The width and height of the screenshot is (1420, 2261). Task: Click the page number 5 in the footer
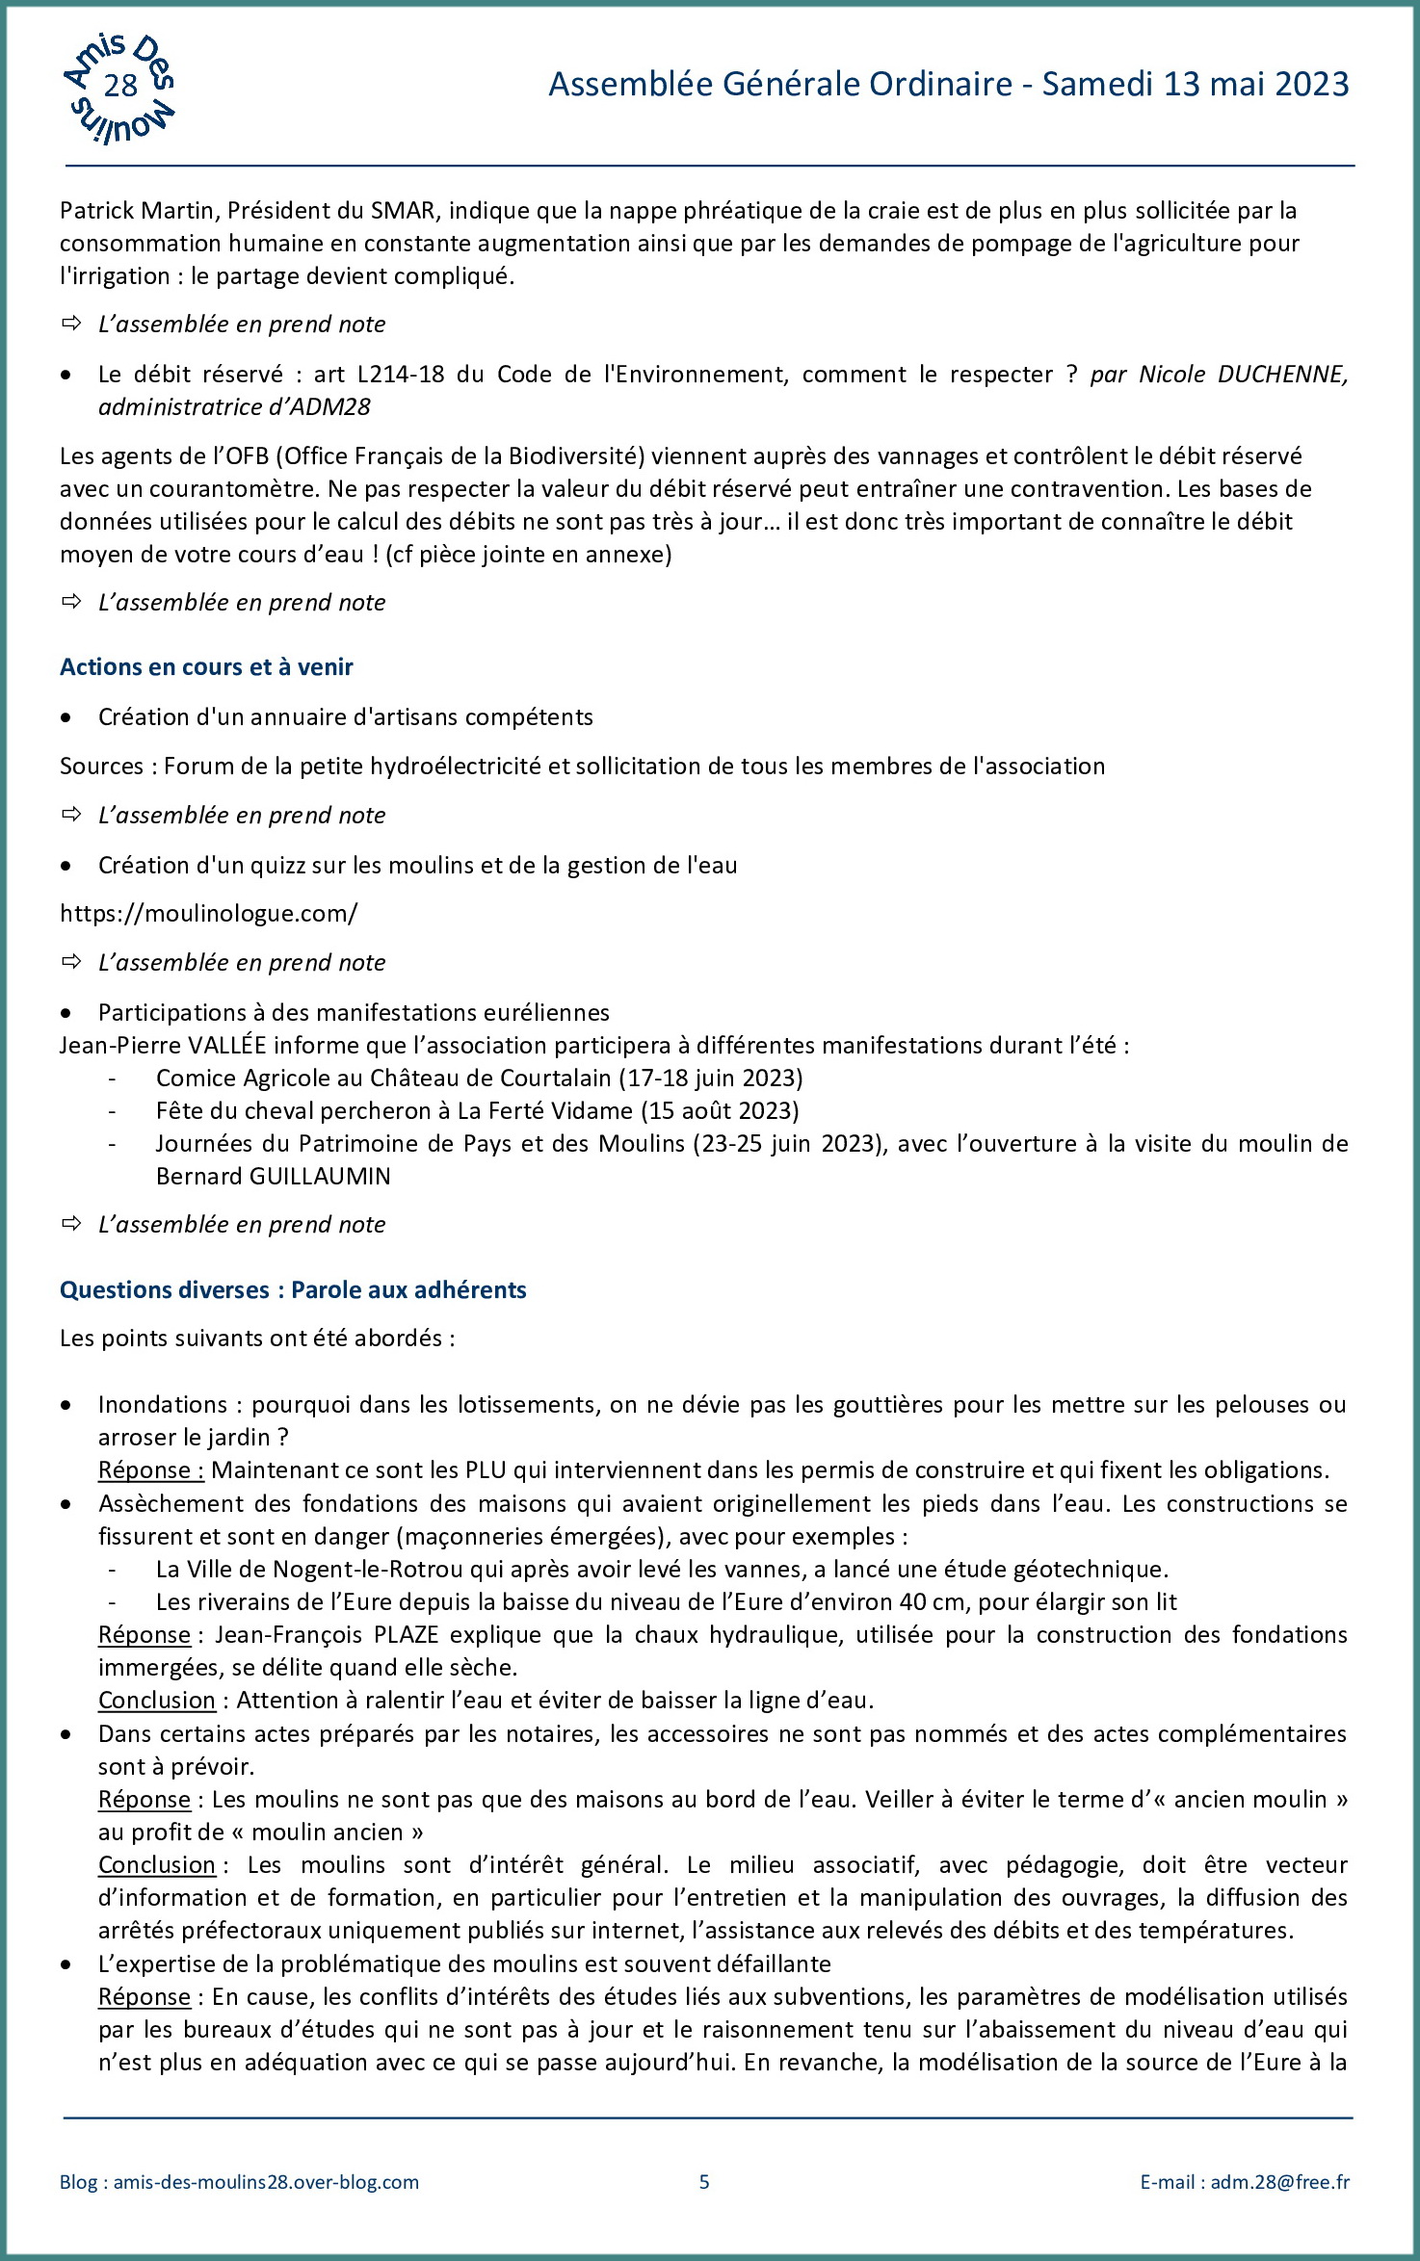(704, 2182)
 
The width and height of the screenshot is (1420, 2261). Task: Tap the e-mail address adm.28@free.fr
(1279, 2182)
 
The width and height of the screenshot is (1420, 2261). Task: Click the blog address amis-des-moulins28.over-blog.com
(266, 2182)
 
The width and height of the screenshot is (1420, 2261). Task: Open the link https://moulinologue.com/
(208, 913)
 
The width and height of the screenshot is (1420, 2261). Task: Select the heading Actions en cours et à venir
(206, 666)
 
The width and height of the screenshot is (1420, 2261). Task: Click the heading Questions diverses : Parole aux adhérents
(293, 1289)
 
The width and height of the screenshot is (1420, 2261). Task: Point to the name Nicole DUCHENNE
(1243, 374)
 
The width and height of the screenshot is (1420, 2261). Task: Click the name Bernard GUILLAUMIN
(274, 1176)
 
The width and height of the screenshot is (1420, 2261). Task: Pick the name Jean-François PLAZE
(328, 1634)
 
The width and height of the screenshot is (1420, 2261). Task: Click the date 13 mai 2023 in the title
(1256, 85)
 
